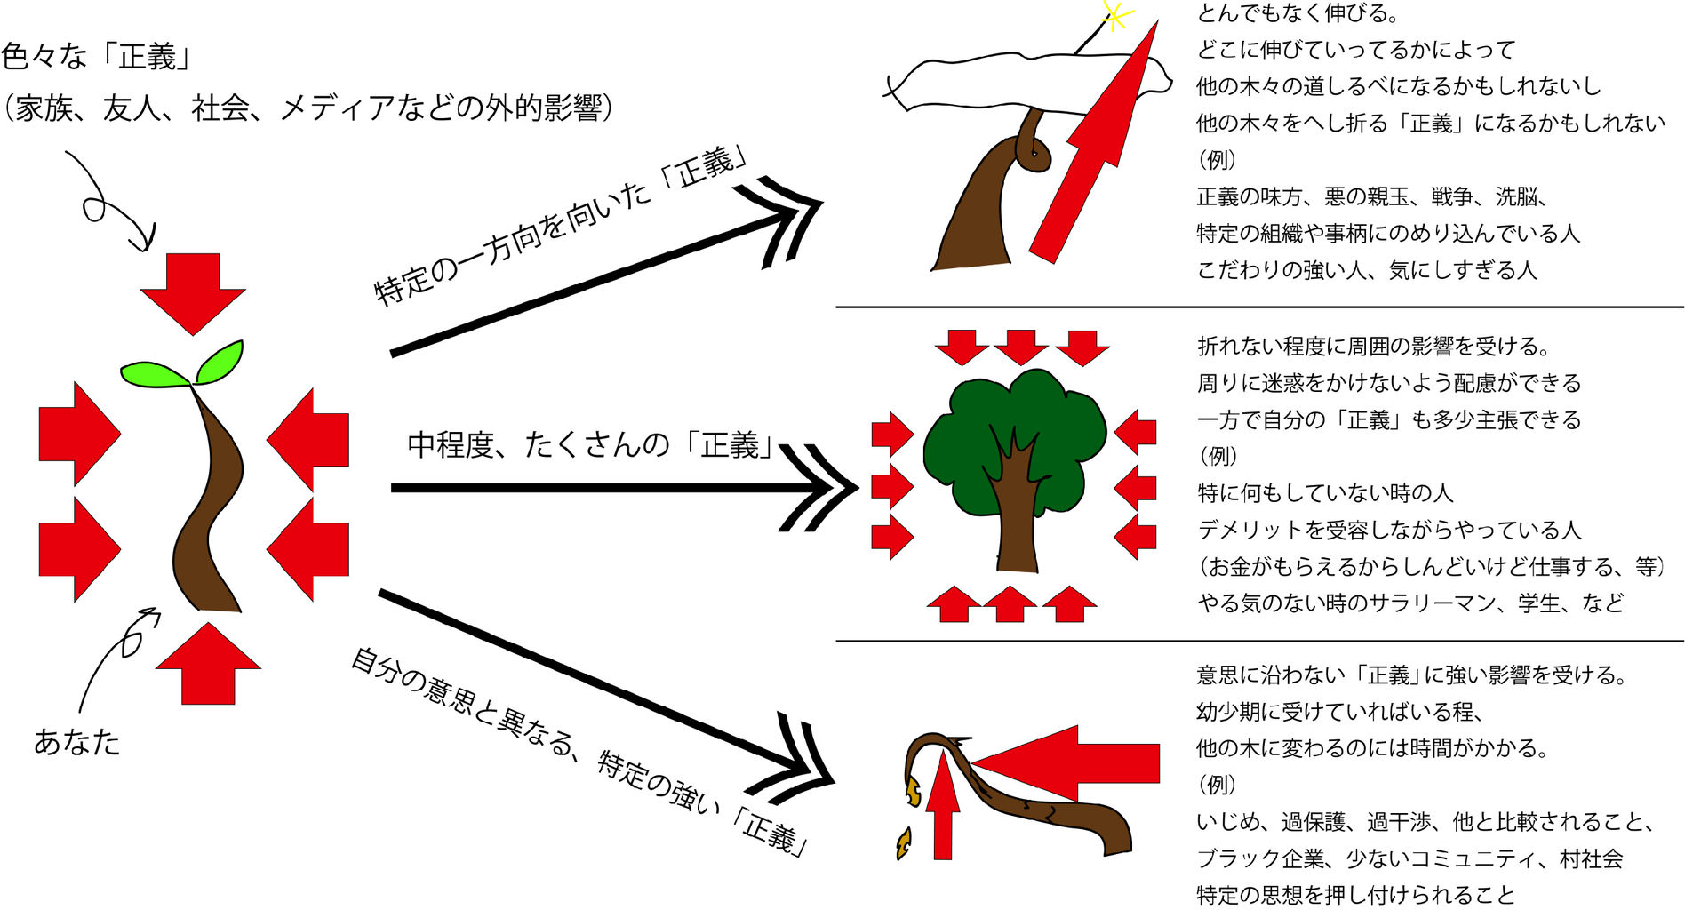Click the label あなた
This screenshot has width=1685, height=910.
pyautogui.click(x=76, y=741)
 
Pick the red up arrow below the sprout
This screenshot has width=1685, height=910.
pyautogui.click(x=208, y=665)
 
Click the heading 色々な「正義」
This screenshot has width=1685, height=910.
pyautogui.click(x=97, y=57)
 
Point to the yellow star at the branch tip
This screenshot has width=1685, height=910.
pyautogui.click(x=1114, y=15)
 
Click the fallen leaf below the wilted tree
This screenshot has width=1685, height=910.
pyautogui.click(x=904, y=843)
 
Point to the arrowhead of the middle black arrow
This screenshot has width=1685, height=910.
pyautogui.click(x=822, y=487)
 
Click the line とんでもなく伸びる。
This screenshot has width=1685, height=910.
pyautogui.click(x=1298, y=13)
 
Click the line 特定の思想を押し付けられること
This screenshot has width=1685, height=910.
pyautogui.click(x=1354, y=894)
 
